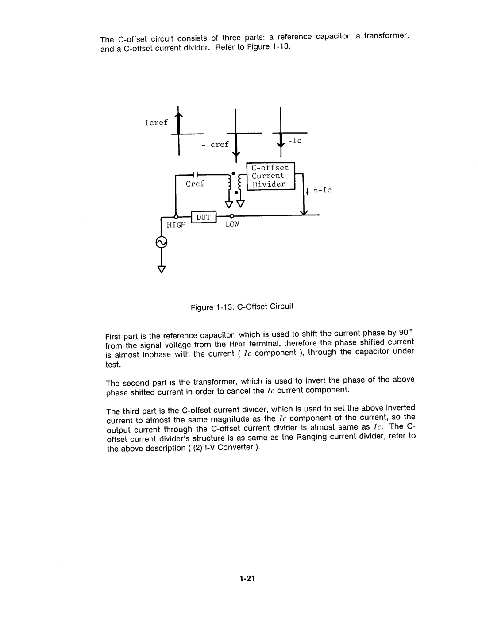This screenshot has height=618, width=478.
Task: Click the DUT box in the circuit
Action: coord(203,217)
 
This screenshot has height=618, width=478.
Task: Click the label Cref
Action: coord(195,184)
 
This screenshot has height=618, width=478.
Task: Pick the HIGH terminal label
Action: coord(176,225)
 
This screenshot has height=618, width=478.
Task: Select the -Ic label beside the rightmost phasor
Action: coord(295,141)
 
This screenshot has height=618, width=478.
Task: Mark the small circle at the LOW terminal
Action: coord(231,216)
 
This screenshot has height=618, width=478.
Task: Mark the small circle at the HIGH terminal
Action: coord(176,216)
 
